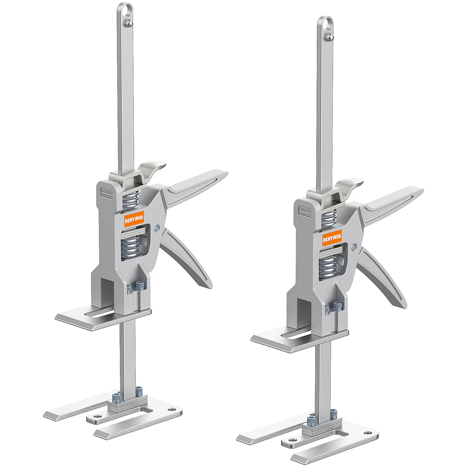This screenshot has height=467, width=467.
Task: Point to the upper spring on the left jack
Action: (131, 200)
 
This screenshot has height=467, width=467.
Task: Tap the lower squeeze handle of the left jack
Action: (187, 257)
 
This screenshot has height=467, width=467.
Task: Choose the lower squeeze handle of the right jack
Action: (383, 276)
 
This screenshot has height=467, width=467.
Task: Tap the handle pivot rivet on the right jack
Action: (353, 247)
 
